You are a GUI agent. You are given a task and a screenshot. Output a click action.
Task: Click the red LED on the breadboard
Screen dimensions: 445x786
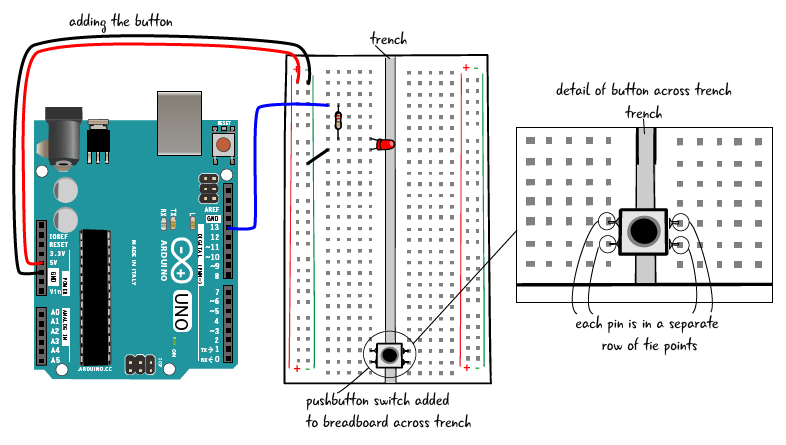pyautogui.click(x=384, y=145)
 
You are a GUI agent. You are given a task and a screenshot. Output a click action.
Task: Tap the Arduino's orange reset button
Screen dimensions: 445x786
pyautogui.click(x=223, y=145)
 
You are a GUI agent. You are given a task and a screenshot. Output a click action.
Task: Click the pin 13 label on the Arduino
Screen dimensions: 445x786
pyautogui.click(x=213, y=228)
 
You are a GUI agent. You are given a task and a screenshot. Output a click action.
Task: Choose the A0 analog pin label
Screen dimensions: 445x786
pyautogui.click(x=55, y=312)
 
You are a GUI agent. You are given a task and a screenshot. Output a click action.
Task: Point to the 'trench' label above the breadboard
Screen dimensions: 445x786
pyautogui.click(x=389, y=40)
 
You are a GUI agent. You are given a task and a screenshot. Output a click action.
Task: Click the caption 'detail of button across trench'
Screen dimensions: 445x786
pyautogui.click(x=643, y=91)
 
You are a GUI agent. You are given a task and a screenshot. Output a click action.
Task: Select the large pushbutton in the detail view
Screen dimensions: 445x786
pyautogui.click(x=642, y=232)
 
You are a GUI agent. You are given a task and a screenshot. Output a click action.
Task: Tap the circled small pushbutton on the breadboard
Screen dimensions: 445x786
pyautogui.click(x=389, y=353)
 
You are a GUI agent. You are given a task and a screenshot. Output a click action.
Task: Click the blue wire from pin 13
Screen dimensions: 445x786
pyautogui.click(x=254, y=160)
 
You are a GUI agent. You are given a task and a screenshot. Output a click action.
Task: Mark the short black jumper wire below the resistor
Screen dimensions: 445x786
pyautogui.click(x=318, y=156)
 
